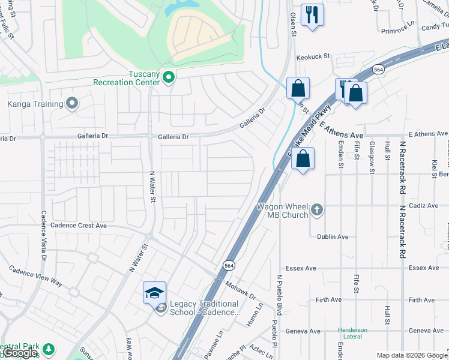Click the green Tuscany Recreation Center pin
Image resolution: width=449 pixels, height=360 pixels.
tap(169, 77)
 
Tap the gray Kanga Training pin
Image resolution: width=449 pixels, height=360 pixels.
tap(72, 104)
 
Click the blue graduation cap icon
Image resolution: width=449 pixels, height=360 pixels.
tap(154, 293)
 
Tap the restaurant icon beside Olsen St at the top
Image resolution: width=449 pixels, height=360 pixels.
tap(312, 15)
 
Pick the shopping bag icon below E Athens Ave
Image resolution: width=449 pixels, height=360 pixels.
tap(304, 160)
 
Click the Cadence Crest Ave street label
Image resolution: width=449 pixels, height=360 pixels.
tap(79, 226)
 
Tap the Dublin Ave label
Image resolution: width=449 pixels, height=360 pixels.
tap(333, 237)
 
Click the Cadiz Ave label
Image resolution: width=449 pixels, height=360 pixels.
tap(424, 206)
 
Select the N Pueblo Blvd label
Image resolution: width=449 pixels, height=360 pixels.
tap(279, 294)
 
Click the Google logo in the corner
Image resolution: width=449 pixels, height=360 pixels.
tap(20, 353)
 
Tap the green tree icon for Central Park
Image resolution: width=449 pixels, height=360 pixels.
tap(47, 349)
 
